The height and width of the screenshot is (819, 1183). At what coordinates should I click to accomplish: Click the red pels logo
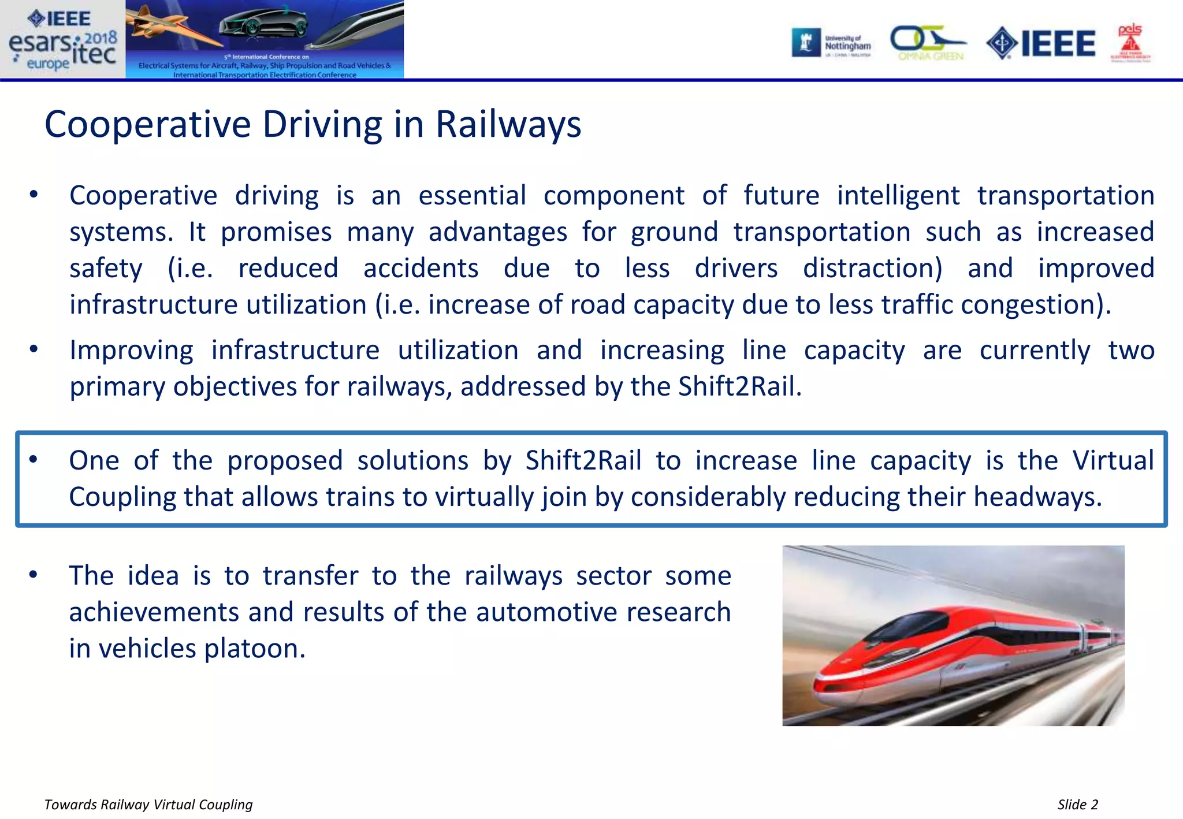pos(1130,42)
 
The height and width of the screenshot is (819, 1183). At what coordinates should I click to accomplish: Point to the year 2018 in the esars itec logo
pos(101,39)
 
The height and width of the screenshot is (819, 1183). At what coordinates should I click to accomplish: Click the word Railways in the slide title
pos(508,124)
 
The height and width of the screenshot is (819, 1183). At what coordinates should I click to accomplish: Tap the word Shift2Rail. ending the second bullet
pos(739,386)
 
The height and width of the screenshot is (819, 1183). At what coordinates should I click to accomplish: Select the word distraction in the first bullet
pos(872,269)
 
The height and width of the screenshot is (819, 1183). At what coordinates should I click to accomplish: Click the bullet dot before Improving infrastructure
pos(34,349)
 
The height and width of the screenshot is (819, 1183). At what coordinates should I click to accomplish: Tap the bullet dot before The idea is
pos(34,574)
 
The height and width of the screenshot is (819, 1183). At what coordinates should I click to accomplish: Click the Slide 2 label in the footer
pos(1077,805)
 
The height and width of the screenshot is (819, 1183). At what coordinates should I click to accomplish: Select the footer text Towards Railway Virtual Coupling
pos(148,805)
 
